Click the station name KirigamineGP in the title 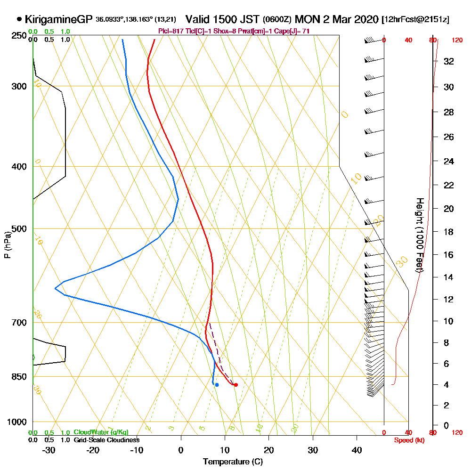(58, 19)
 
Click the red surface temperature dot (235, 385)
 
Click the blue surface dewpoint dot (217, 385)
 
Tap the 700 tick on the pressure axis (20, 323)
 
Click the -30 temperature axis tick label (49, 450)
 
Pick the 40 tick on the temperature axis (357, 450)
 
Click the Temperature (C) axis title (232, 462)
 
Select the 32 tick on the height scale (448, 61)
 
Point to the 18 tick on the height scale (448, 232)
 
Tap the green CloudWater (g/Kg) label (101, 432)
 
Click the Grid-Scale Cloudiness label (106, 440)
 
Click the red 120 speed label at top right (457, 40)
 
